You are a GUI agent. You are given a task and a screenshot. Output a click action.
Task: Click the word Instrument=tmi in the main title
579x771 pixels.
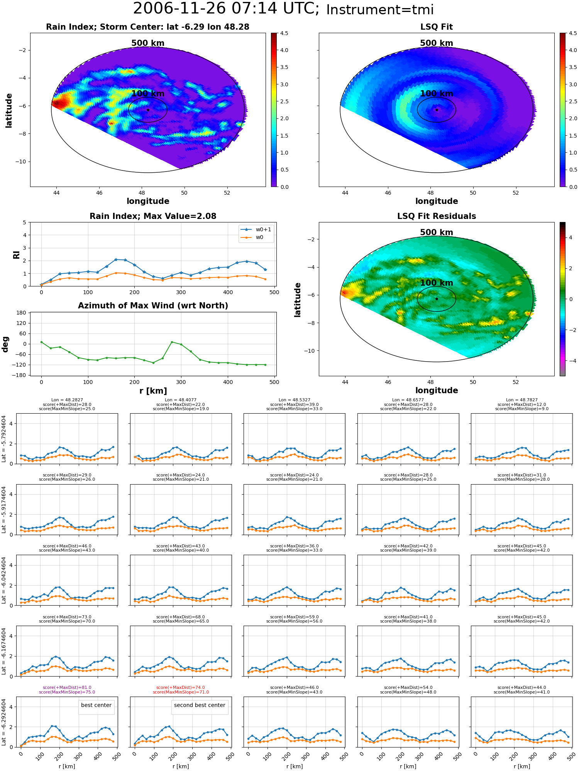click(x=380, y=10)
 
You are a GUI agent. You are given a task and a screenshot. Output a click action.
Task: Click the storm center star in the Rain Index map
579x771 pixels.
click(x=148, y=110)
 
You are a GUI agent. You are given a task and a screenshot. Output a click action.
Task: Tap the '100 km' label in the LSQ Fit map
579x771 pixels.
click(x=437, y=93)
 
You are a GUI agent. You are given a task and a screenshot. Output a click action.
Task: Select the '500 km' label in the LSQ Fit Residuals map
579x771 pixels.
click(x=437, y=232)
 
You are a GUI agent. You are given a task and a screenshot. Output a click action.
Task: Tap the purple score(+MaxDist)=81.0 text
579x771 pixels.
click(x=67, y=687)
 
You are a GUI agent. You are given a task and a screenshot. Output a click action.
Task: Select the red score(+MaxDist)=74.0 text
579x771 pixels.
click(x=181, y=687)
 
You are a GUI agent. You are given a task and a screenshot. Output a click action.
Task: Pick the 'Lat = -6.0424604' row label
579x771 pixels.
click(x=4, y=580)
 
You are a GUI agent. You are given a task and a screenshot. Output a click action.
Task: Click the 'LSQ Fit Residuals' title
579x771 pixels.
click(x=437, y=216)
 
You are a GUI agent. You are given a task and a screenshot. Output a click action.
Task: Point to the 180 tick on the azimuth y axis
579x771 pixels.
click(x=22, y=313)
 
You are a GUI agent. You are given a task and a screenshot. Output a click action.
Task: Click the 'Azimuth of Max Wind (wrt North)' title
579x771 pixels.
click(x=153, y=306)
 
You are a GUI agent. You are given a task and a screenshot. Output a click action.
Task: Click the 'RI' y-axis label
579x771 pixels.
click(x=16, y=255)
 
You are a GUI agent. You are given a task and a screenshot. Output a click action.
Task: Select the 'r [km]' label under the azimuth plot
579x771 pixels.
click(x=153, y=391)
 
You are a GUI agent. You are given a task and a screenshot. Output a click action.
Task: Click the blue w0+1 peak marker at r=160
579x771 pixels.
click(x=116, y=259)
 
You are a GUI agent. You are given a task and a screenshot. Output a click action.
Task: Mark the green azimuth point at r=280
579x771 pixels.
click(x=172, y=342)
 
